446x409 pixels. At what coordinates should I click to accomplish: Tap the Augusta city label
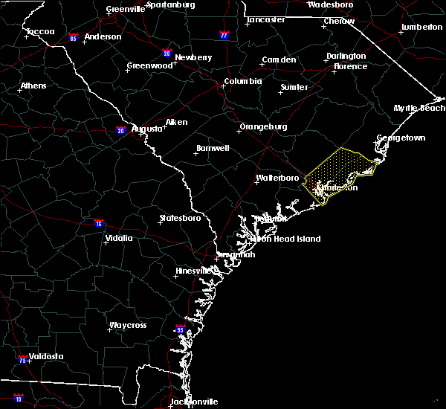pyautogui.click(x=146, y=129)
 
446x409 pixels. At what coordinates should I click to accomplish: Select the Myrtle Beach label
pyautogui.click(x=419, y=109)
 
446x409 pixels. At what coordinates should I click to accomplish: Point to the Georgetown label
pyautogui.click(x=401, y=138)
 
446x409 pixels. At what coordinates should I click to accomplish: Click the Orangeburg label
pyautogui.click(x=263, y=127)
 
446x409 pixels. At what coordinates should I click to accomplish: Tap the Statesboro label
pyautogui.click(x=181, y=219)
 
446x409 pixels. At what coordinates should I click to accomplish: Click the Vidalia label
pyautogui.click(x=119, y=239)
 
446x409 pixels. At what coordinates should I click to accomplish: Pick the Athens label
pyautogui.click(x=33, y=86)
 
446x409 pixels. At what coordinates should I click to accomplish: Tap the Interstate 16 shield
pyautogui.click(x=99, y=222)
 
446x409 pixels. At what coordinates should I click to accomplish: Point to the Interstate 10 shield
pyautogui.click(x=18, y=399)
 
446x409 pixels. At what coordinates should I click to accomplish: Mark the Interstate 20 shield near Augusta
pyautogui.click(x=120, y=131)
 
